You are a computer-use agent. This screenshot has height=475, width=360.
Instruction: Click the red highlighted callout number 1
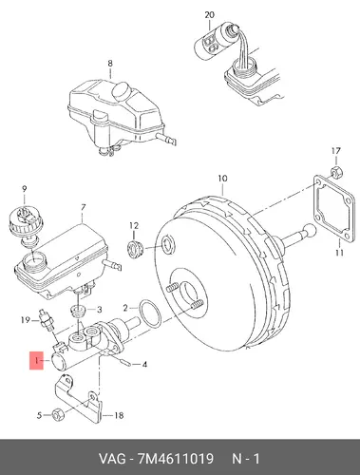[x=36, y=360]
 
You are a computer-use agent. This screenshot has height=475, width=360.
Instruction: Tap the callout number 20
[x=209, y=15]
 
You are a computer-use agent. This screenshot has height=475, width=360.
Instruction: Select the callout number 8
[x=110, y=64]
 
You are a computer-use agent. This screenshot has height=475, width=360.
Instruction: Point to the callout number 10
[x=222, y=179]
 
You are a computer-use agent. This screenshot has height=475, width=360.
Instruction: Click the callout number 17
[x=336, y=151]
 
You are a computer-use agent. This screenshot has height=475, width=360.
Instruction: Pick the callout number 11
[x=339, y=253]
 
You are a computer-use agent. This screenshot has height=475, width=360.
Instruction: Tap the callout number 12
[x=134, y=226]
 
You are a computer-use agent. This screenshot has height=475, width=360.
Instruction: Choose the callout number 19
[x=26, y=320]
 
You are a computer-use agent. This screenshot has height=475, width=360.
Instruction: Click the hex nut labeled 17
[x=336, y=171]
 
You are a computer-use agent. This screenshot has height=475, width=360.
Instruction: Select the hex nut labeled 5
[x=58, y=414]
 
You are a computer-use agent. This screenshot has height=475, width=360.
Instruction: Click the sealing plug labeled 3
[x=78, y=311]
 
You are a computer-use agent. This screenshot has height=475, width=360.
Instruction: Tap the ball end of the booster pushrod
[x=310, y=230]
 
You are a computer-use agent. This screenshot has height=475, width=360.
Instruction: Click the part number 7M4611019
[x=175, y=459]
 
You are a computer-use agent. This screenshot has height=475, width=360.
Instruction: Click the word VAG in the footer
[x=112, y=459]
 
